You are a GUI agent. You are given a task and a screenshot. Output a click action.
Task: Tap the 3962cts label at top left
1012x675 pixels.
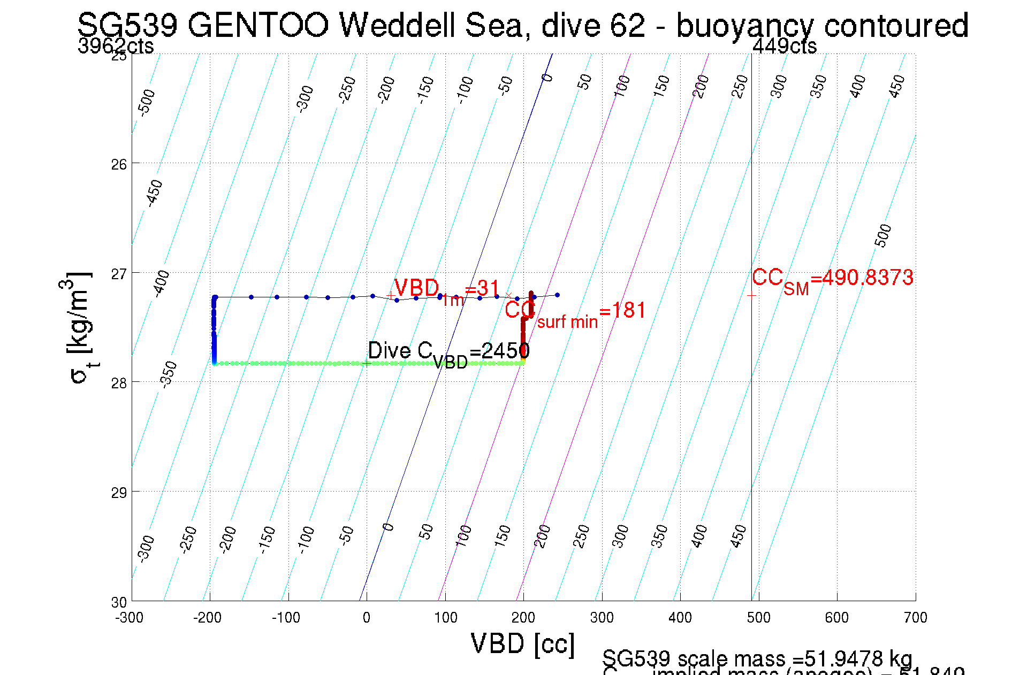tap(116, 46)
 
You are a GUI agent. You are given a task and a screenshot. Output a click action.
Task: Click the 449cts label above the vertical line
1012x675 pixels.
tap(784, 46)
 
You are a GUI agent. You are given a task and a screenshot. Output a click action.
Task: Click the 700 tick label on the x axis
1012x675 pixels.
tap(915, 618)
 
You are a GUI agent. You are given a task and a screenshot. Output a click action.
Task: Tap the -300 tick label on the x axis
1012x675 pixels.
tap(129, 618)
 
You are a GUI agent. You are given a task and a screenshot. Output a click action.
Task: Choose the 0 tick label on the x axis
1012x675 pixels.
tap(366, 618)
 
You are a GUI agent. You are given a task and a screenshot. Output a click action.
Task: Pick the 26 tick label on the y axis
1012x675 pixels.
tap(119, 164)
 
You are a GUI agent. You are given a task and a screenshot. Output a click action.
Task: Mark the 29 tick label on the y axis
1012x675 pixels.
tap(119, 492)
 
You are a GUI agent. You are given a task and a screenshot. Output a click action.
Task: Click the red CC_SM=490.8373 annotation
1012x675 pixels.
tap(832, 279)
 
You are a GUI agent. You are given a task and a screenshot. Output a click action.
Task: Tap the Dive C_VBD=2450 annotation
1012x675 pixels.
tap(448, 353)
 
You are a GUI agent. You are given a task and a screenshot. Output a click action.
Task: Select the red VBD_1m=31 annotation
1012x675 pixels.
tap(446, 290)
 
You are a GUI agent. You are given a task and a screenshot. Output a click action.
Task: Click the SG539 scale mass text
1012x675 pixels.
tap(757, 658)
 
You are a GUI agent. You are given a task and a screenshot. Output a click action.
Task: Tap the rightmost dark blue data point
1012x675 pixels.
tap(557, 295)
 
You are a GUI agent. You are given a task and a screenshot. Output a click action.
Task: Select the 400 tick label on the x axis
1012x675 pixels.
tap(680, 618)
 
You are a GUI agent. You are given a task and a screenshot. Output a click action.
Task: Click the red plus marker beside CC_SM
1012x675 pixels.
tap(751, 295)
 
